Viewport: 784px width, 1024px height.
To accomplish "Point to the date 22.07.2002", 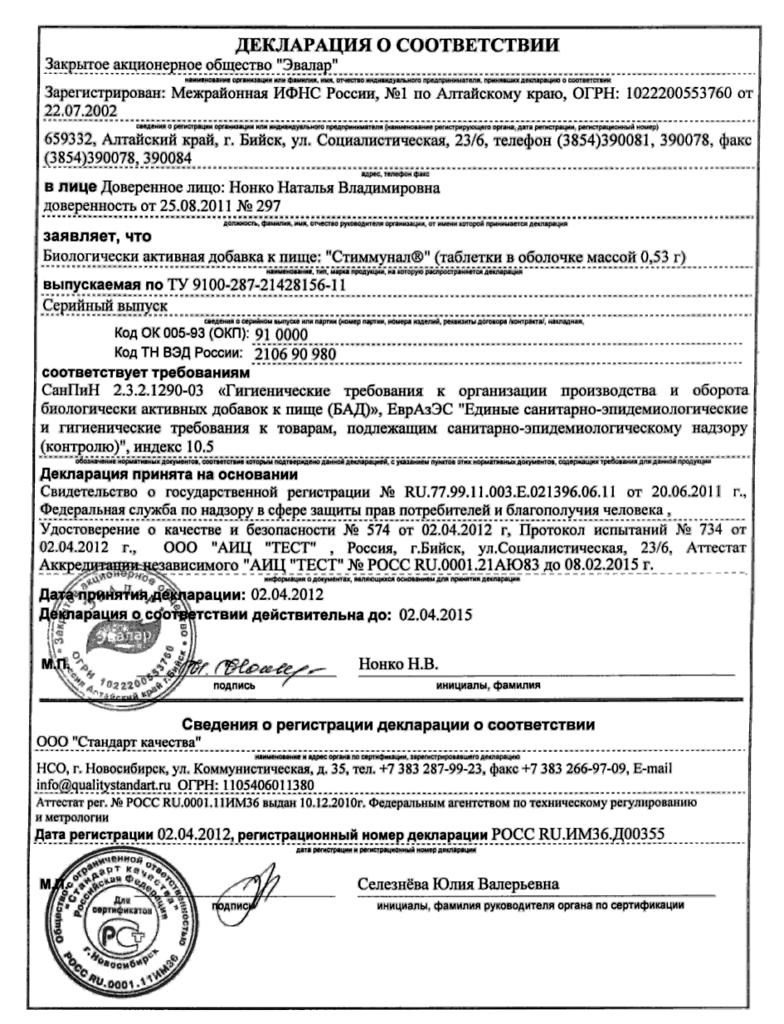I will coord(81,110).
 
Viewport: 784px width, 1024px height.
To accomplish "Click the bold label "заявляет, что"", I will coord(97,238).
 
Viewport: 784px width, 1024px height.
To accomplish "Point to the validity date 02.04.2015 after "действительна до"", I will coord(435,615).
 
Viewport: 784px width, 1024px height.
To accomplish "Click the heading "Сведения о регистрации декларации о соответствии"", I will coord(388,724).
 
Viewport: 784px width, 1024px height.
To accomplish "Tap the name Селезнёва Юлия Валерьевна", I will coord(458,884).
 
